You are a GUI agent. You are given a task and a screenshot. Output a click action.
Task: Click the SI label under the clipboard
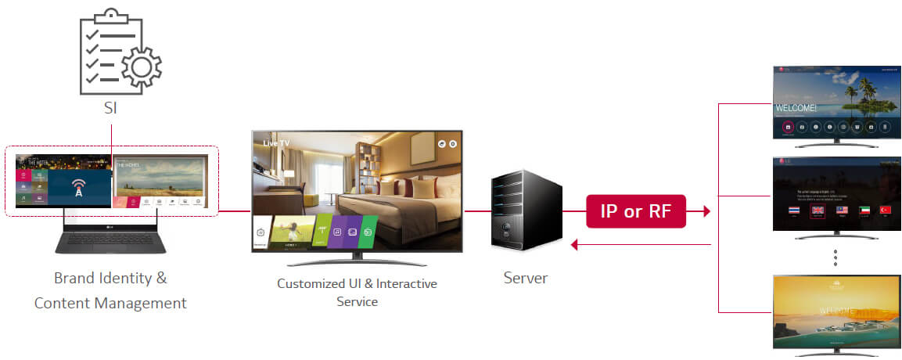click(110, 109)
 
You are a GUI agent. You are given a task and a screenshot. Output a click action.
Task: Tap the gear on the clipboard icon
click(141, 67)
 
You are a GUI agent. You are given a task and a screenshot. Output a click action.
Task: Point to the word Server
click(526, 278)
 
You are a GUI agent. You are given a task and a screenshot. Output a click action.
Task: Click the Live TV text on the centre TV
click(278, 144)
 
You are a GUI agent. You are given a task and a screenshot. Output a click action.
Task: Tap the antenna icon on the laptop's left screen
click(77, 188)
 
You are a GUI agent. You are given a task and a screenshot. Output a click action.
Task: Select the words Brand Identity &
click(110, 278)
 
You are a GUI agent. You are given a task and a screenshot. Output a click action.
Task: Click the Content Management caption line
click(110, 303)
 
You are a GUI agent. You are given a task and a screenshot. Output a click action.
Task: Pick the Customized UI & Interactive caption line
click(357, 283)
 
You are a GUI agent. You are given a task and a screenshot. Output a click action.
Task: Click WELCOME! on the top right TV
click(796, 108)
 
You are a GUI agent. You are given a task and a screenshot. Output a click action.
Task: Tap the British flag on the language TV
click(818, 211)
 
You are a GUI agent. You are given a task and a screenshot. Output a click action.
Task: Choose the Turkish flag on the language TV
click(886, 211)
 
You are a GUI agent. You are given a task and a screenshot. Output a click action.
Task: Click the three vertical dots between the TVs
click(836, 257)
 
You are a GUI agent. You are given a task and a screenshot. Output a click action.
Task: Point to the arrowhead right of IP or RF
click(706, 211)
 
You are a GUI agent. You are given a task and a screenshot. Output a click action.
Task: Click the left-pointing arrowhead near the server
click(575, 245)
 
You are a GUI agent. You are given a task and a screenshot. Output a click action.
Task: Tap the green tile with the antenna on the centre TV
click(312, 232)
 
